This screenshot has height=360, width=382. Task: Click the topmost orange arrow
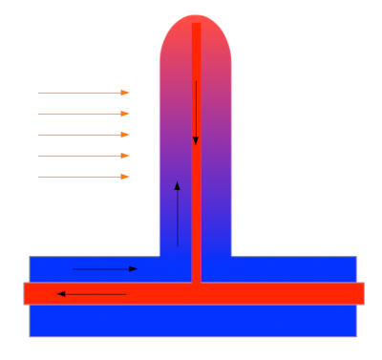(83, 93)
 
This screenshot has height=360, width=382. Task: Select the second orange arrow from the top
(83, 114)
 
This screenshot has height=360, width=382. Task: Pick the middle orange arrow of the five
(83, 135)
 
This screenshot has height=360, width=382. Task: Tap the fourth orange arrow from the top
(83, 156)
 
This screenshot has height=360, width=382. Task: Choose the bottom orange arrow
(83, 177)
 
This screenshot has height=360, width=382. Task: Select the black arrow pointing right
(105, 269)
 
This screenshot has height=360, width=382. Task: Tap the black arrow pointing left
(92, 294)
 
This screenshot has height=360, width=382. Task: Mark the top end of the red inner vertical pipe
(196, 26)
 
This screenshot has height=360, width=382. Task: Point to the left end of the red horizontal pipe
(28, 293)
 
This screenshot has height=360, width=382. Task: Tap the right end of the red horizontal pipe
(359, 293)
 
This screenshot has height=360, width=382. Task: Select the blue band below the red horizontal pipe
(191, 320)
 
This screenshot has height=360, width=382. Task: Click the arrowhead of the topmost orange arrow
(125, 93)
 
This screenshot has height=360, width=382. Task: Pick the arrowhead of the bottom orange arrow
(125, 177)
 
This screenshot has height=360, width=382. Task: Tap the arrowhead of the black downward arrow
(196, 141)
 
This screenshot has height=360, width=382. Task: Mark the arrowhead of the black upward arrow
(177, 185)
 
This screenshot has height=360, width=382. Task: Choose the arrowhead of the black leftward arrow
(61, 294)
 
